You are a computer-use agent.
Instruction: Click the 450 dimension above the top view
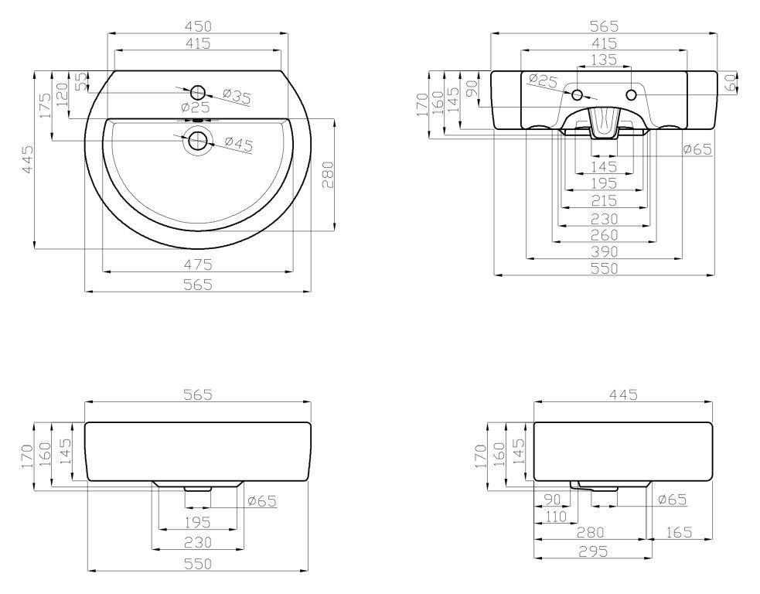[198, 26]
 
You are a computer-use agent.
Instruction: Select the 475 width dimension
[198, 265]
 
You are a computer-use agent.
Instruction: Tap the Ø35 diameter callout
[237, 97]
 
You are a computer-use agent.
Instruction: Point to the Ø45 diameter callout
[238, 144]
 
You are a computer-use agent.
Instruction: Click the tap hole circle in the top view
[198, 92]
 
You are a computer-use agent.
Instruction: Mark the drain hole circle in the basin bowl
[198, 141]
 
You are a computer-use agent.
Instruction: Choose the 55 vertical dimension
[82, 81]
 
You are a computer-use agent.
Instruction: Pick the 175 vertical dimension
[45, 105]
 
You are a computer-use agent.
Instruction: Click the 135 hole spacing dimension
[604, 60]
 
